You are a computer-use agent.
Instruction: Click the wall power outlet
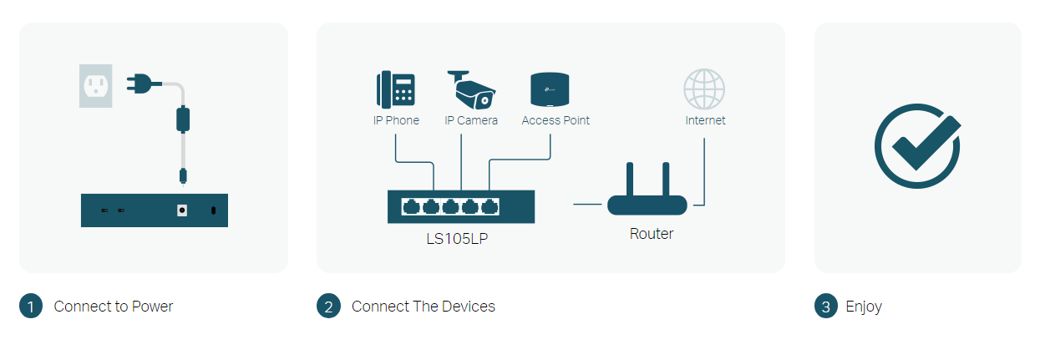tap(95, 86)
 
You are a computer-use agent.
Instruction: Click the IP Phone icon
tap(396, 89)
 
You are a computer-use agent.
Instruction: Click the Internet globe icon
tap(704, 89)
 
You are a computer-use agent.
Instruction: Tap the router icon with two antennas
tap(647, 193)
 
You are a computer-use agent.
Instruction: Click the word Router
tap(652, 234)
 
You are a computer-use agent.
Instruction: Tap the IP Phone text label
tap(396, 120)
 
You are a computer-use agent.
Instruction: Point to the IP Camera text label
tap(471, 120)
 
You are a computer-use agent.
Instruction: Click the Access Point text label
tap(556, 120)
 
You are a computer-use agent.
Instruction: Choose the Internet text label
tap(705, 120)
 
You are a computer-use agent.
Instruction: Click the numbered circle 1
tap(30, 307)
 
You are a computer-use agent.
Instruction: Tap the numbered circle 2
tap(328, 307)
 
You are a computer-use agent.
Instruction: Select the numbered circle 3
tap(825, 307)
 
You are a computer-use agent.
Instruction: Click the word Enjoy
tap(864, 307)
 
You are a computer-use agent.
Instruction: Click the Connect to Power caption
tap(114, 307)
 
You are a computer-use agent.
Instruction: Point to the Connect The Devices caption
tap(424, 307)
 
